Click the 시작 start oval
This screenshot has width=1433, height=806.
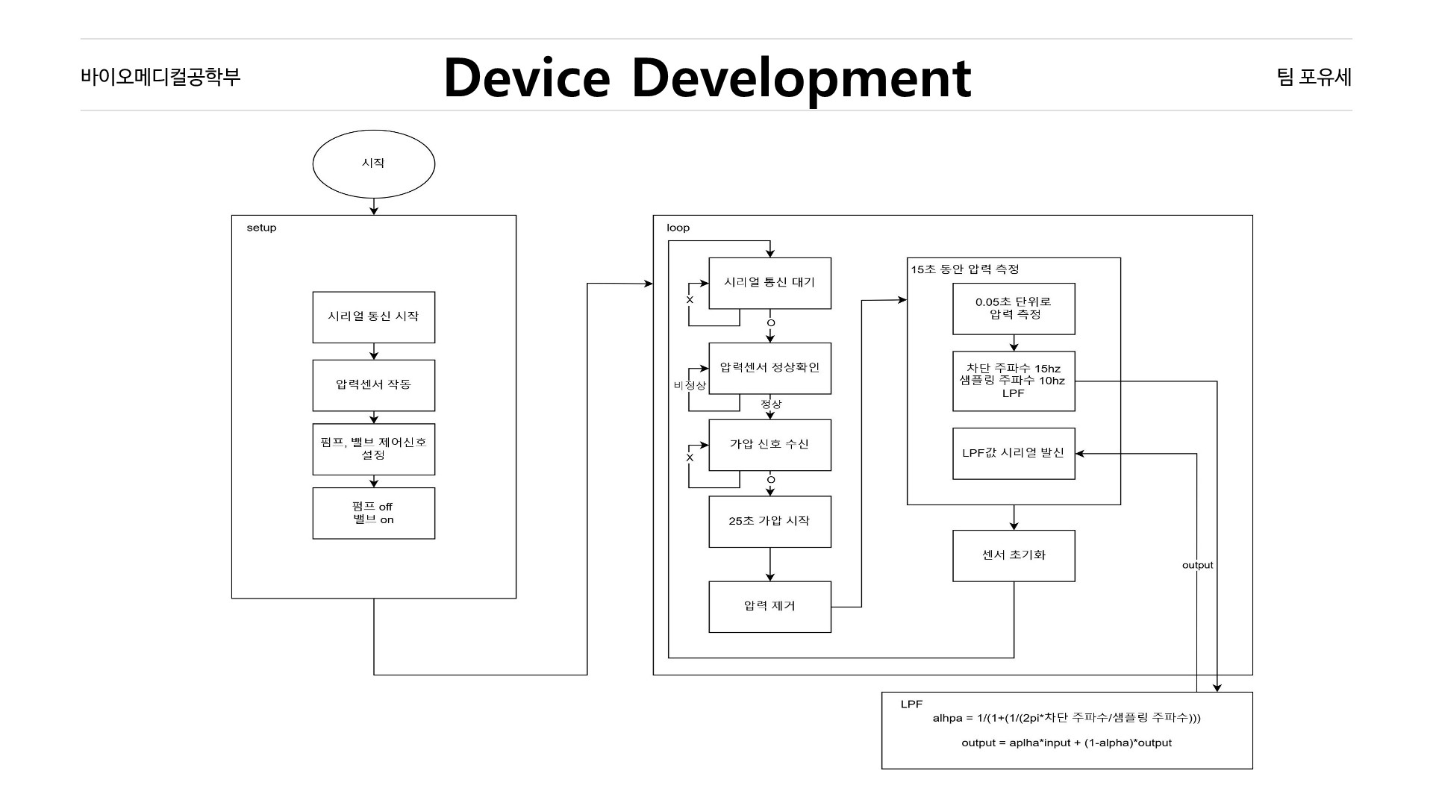tap(373, 164)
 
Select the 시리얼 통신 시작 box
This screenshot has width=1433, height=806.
tap(373, 316)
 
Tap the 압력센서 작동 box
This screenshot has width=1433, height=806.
tap(373, 385)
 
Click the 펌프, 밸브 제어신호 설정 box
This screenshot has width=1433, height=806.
tap(373, 449)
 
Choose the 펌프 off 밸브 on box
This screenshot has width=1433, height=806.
tap(373, 513)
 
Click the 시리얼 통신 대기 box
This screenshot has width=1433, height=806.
tap(769, 283)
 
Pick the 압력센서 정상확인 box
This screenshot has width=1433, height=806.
tap(769, 368)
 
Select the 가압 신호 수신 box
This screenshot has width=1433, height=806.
tap(769, 445)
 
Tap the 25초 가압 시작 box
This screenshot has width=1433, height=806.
tap(769, 521)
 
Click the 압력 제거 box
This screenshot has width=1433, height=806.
tap(769, 606)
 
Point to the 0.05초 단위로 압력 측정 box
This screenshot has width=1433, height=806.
tap(1014, 308)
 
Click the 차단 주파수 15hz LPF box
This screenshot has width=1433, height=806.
tap(1014, 381)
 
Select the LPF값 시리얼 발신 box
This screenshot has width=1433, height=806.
tap(1014, 453)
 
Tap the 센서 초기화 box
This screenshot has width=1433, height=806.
tap(1014, 555)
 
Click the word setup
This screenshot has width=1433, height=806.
tap(261, 228)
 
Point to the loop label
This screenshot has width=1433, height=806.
tap(678, 228)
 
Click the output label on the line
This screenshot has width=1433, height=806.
tap(1197, 565)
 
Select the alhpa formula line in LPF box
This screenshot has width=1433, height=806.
tap(1066, 718)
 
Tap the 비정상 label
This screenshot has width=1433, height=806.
tap(690, 385)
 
